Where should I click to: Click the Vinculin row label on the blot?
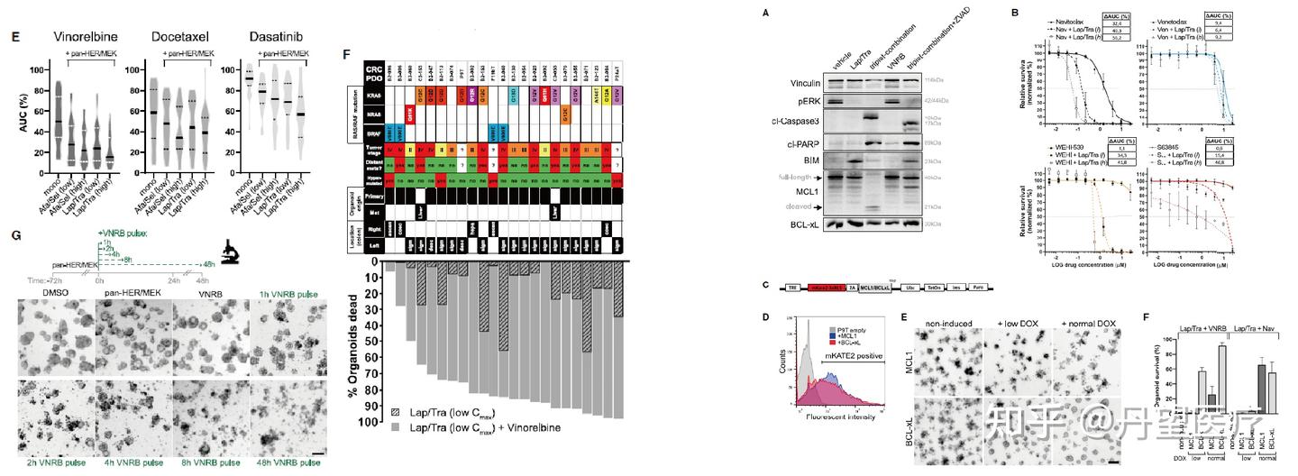[x=797, y=82]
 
